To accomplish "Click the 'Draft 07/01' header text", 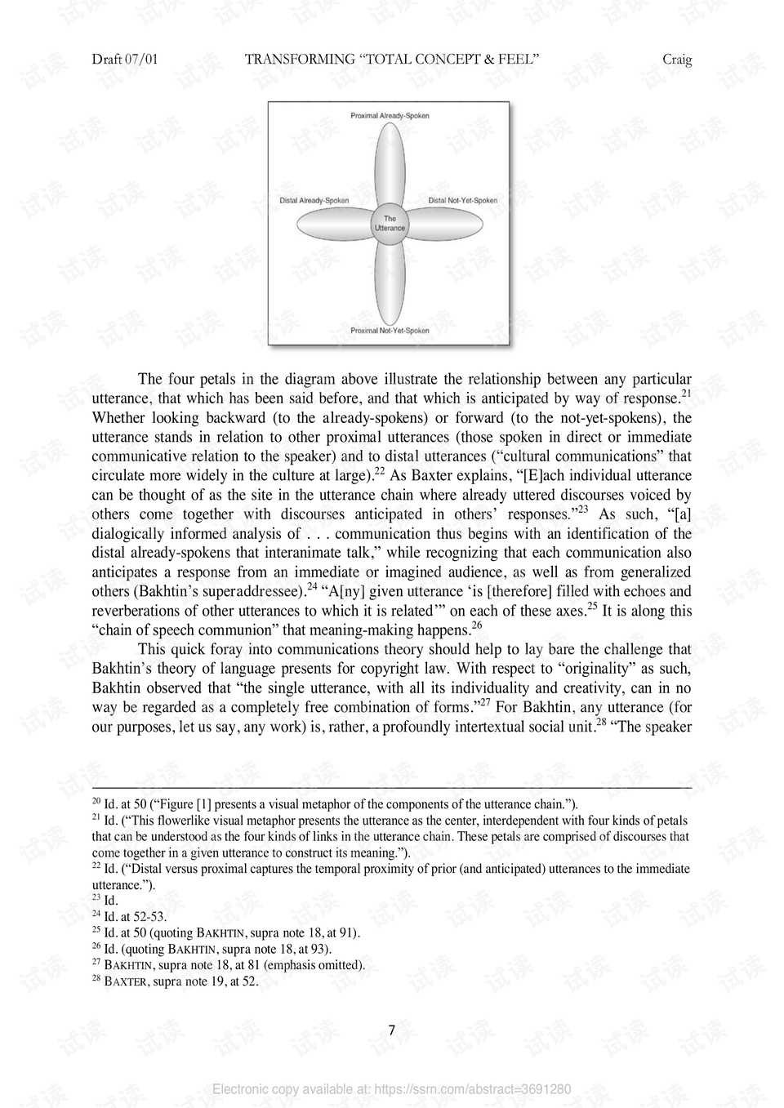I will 125,60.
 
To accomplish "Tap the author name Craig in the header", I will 677,60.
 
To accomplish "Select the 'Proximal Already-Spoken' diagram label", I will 390,116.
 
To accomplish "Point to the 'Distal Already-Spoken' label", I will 314,201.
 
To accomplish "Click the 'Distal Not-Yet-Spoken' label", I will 463,201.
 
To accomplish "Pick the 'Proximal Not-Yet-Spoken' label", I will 390,331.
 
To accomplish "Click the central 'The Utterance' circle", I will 390,223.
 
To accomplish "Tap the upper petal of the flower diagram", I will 390,163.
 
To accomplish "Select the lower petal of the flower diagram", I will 390,282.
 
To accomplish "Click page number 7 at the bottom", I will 392,1030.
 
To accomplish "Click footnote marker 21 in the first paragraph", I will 686,394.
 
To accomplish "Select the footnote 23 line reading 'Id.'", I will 110,901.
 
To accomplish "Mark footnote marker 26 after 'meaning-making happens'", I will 477,625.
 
